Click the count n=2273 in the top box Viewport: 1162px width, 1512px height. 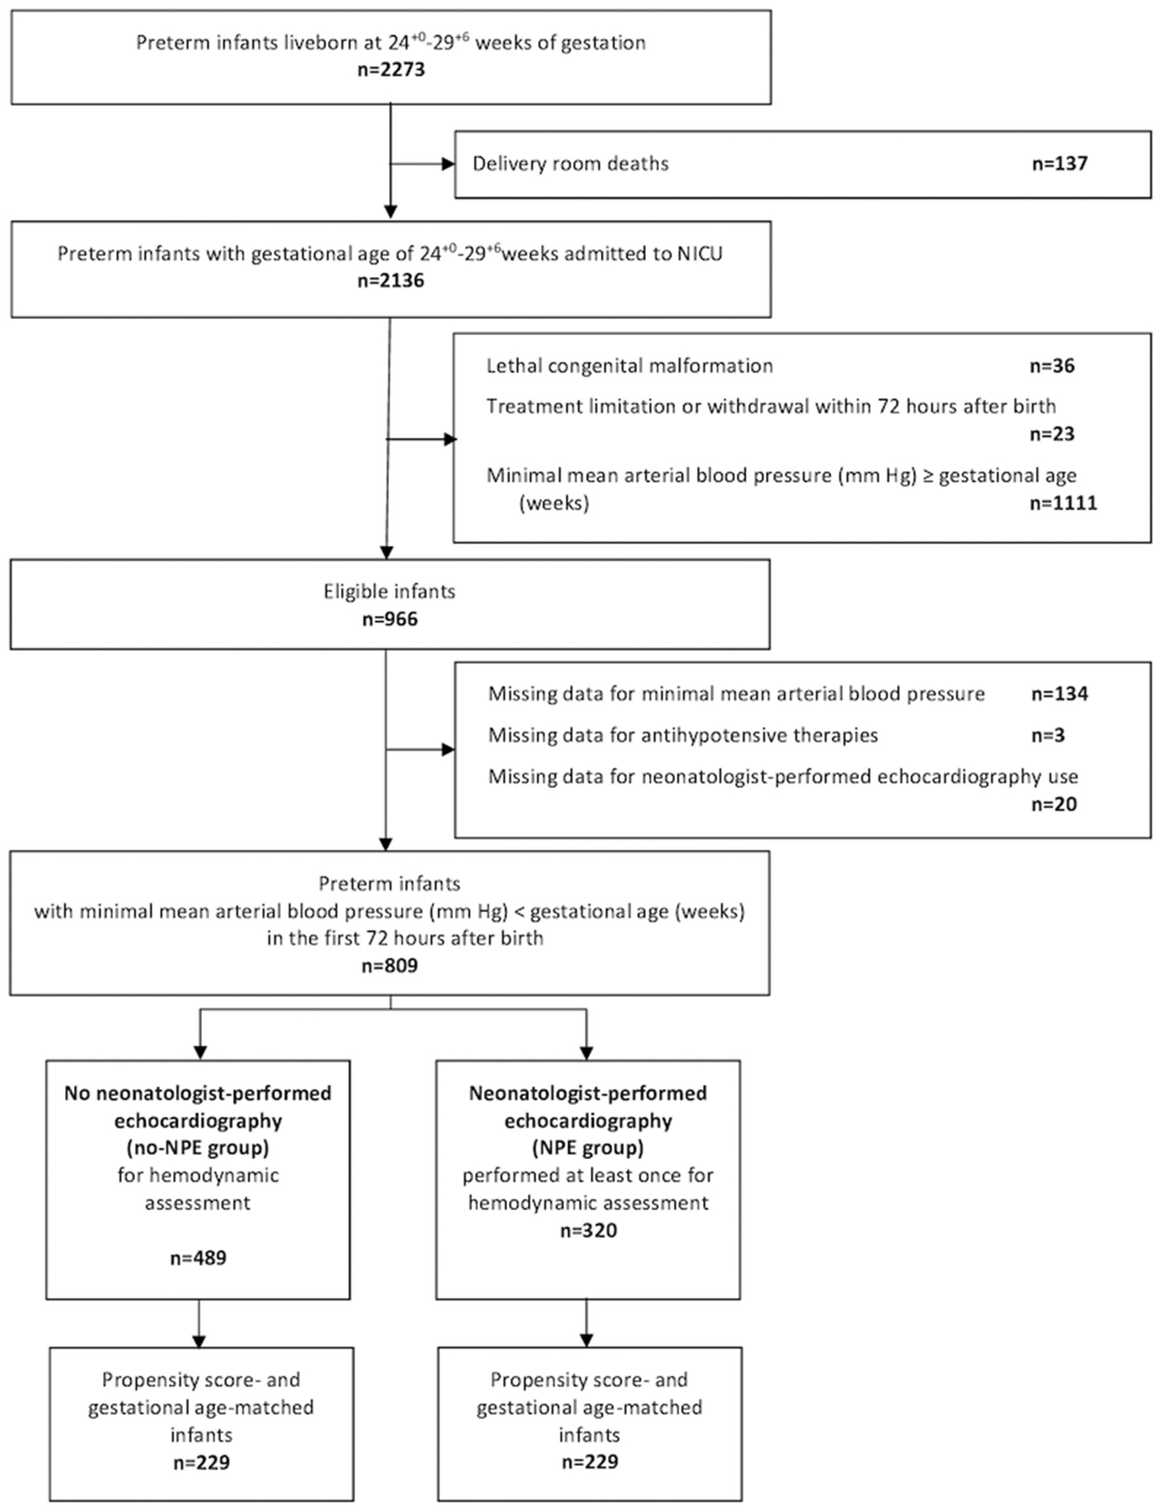click(x=391, y=70)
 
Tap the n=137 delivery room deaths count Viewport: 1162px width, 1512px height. click(x=1059, y=164)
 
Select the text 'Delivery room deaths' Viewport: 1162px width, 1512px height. click(x=570, y=164)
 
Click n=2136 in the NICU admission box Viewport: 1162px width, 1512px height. click(x=391, y=280)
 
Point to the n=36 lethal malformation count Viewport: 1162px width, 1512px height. click(x=1051, y=366)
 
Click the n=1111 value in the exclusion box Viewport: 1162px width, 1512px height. click(x=1062, y=503)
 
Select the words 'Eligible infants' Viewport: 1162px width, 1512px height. click(x=390, y=592)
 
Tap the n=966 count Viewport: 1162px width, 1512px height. click(x=390, y=619)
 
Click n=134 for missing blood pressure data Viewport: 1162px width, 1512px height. click(x=1059, y=694)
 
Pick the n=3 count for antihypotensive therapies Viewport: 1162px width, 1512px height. click(x=1047, y=735)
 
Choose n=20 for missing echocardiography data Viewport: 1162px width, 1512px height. click(x=1053, y=804)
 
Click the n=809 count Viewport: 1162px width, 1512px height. click(x=390, y=965)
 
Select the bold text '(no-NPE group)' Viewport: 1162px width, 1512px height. click(x=198, y=1148)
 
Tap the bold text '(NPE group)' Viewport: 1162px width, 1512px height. click(x=587, y=1148)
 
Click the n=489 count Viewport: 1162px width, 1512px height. click(x=198, y=1257)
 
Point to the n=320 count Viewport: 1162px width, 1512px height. click(x=588, y=1230)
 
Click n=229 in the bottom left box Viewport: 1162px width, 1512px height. click(x=201, y=1462)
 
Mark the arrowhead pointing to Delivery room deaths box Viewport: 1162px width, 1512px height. click(x=448, y=164)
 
